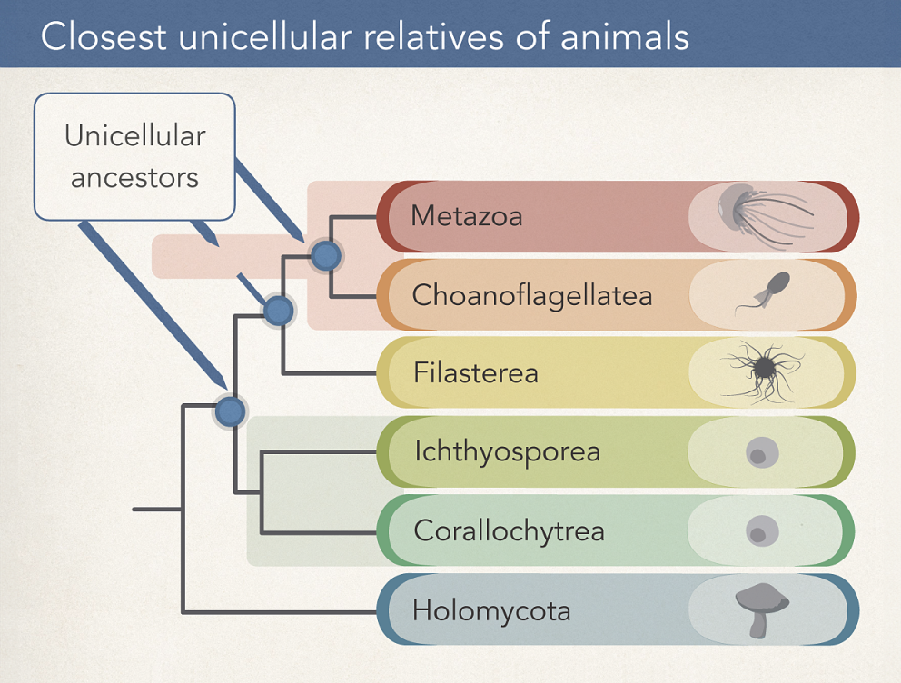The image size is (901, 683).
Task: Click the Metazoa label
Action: pos(466,216)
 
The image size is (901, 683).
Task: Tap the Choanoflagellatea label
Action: pos(531,295)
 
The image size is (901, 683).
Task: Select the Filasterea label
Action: pos(475,372)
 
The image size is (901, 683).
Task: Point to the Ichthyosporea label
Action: pos(507,451)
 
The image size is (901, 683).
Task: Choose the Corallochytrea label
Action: pos(509,530)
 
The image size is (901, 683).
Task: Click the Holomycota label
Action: pos(491,609)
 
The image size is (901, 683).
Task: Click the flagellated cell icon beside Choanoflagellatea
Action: pos(765,293)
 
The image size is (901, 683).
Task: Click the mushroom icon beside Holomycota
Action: pos(761,608)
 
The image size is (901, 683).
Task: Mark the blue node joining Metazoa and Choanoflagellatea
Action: pos(325,255)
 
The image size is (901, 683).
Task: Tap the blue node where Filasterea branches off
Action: pos(278,311)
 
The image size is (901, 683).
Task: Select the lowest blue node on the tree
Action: pos(230,411)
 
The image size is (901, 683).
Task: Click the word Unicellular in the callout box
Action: pos(134,136)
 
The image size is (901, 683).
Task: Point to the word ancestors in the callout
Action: pos(134,177)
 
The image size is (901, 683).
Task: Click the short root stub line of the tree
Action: pos(156,509)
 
